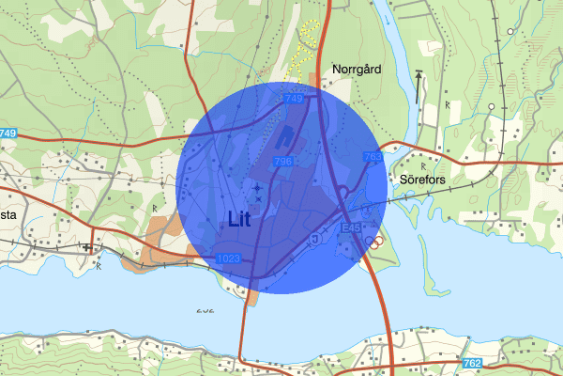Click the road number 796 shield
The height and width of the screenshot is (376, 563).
pyautogui.click(x=284, y=163)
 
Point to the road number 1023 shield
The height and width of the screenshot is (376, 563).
pyautogui.click(x=228, y=258)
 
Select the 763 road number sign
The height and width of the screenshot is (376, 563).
pyautogui.click(x=373, y=157)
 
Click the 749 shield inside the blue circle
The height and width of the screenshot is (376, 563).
pyautogui.click(x=291, y=99)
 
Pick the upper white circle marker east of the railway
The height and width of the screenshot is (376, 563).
pyautogui.click(x=511, y=31)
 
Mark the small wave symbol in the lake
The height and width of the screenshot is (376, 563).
pyautogui.click(x=204, y=310)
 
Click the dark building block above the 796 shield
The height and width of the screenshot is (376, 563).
pyautogui.click(x=286, y=137)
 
